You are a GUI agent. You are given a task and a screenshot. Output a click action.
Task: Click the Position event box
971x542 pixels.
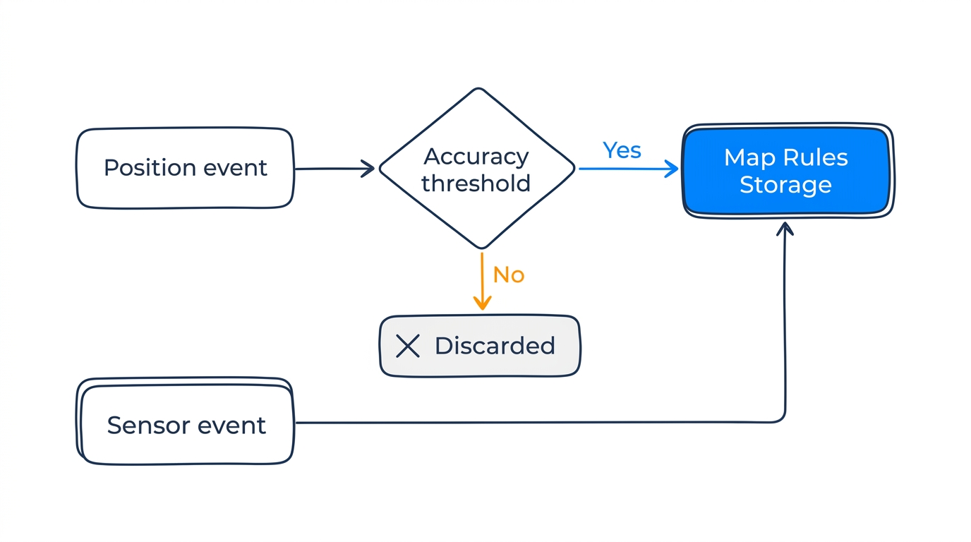tap(185, 168)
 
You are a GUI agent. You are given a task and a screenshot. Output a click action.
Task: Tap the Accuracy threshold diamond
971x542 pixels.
tap(477, 169)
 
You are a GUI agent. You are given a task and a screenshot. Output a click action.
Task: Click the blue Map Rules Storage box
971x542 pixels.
tap(786, 171)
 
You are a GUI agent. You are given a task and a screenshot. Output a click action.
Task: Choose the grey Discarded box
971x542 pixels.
tap(480, 346)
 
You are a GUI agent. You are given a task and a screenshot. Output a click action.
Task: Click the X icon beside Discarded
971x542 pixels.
tap(408, 346)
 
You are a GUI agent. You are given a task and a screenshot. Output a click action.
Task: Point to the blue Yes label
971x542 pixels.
tap(622, 150)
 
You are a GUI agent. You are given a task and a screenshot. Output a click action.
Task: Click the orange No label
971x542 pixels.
tap(509, 274)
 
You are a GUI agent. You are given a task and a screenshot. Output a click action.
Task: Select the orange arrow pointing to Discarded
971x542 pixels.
tap(482, 282)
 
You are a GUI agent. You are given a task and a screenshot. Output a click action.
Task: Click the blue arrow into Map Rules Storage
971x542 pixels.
tap(628, 169)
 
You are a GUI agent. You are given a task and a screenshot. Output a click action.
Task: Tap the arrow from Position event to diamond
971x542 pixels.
tap(334, 169)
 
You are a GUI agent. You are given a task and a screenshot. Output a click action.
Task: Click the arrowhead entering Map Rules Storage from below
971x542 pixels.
tap(785, 229)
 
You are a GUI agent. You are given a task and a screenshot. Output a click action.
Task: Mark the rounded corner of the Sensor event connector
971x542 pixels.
tap(780, 417)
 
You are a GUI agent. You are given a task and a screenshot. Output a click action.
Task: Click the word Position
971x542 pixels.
tap(149, 168)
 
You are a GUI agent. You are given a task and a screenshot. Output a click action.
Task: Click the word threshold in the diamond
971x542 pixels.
tap(476, 183)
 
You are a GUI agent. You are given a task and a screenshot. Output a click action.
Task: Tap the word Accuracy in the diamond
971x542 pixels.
tap(476, 156)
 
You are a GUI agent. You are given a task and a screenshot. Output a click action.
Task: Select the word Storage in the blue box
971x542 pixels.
tap(785, 185)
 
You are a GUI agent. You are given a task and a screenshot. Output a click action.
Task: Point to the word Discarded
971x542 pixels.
tap(495, 346)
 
